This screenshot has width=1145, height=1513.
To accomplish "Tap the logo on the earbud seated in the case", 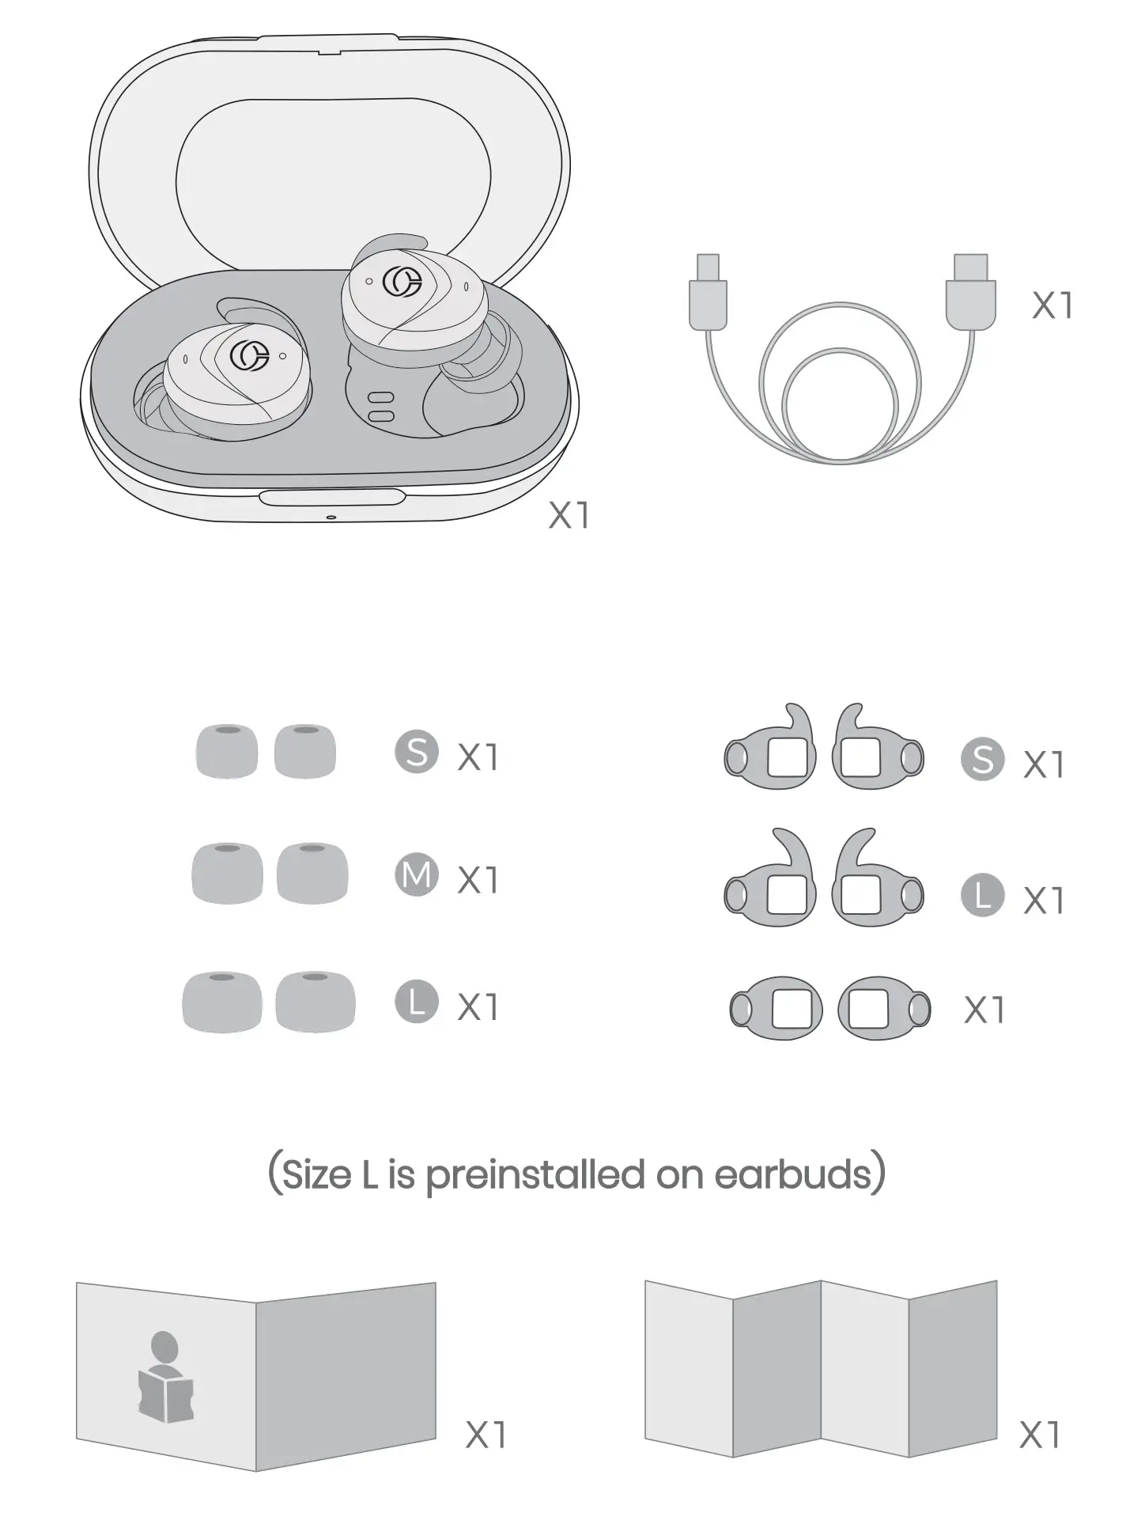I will coord(249,356).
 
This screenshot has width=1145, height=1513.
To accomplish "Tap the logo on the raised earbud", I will coord(402,283).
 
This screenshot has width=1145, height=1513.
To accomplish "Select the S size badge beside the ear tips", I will coord(417,753).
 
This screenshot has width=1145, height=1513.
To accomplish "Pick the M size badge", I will coord(417,875).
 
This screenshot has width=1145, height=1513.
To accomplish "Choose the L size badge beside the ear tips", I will coord(417,1001).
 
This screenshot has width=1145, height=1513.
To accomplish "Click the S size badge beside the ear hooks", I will coord(982,760).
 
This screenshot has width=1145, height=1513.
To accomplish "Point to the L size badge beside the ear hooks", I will coord(982,895).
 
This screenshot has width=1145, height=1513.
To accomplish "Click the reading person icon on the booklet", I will coord(164,1378).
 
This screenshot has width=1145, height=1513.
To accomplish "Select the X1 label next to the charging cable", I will coord(1052,305).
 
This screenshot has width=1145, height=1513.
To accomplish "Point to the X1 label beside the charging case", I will coord(569,516).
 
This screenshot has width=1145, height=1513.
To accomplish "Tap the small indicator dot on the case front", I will coord(331,518).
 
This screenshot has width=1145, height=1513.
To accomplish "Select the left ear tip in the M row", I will coord(228,873).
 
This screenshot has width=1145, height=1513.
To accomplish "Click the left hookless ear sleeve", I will coord(776,1008).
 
